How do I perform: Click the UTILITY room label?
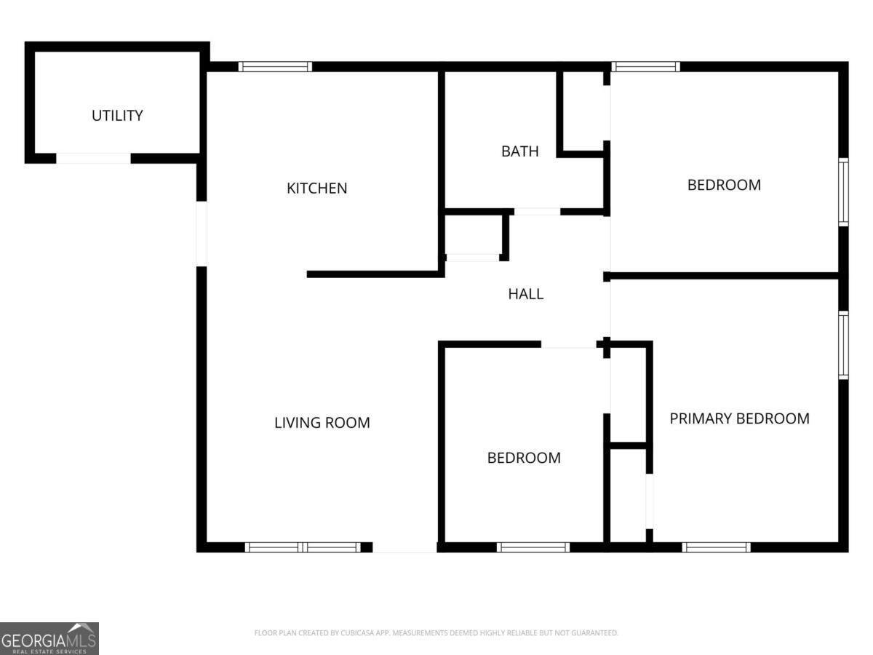click(x=117, y=116)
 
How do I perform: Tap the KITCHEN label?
click(x=317, y=188)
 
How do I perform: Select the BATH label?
click(x=520, y=151)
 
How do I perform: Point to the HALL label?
click(x=525, y=294)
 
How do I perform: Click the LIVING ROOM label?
click(x=322, y=422)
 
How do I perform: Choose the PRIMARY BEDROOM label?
click(x=739, y=418)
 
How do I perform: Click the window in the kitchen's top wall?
click(x=275, y=66)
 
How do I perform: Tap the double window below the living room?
click(x=303, y=547)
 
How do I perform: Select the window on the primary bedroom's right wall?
click(x=843, y=345)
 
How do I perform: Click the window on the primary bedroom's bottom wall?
click(x=717, y=547)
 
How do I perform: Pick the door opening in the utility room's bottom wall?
click(x=93, y=158)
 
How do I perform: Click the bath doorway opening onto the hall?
click(x=538, y=212)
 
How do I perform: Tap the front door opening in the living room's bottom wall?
click(x=405, y=547)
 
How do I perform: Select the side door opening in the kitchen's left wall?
click(x=202, y=234)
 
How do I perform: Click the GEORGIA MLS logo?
click(x=49, y=639)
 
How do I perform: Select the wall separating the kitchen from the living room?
click(x=376, y=274)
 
